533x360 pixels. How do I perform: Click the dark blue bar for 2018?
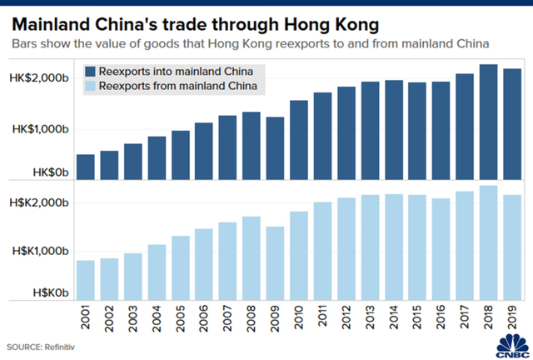click(490, 122)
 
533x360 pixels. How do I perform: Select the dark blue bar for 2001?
click(85, 167)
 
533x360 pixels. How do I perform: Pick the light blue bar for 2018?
click(490, 242)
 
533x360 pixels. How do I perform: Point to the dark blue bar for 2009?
click(276, 148)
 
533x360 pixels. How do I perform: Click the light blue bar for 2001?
click(85, 279)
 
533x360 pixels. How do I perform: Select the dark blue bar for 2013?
click(371, 130)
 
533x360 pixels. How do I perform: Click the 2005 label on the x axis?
click(181, 320)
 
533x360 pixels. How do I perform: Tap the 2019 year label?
click(514, 320)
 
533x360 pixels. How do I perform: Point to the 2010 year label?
click(300, 320)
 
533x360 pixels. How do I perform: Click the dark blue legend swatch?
click(88, 72)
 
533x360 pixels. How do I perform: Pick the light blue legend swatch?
click(88, 86)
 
